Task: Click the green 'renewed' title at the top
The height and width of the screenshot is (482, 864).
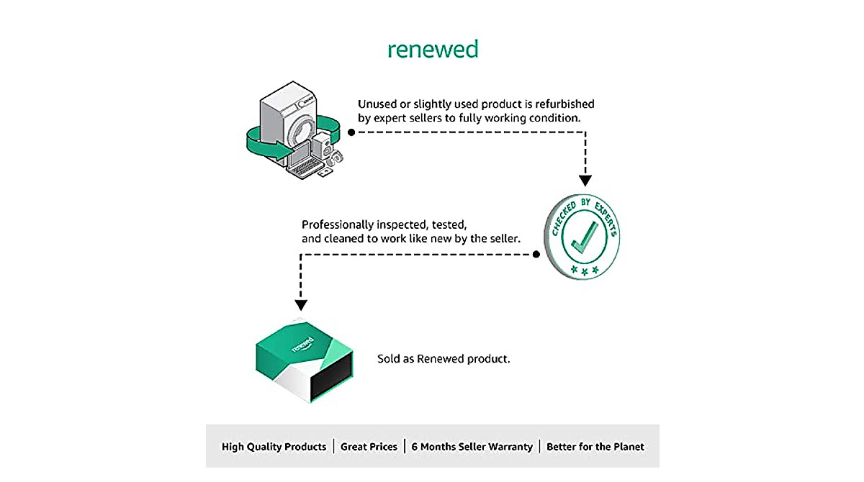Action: (x=433, y=50)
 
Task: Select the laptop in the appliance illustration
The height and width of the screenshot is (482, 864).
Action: (x=304, y=160)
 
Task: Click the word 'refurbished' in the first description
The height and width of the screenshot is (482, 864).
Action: (x=564, y=104)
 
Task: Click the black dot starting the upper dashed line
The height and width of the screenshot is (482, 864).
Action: (x=351, y=132)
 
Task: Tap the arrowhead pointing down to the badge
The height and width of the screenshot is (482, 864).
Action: (x=585, y=181)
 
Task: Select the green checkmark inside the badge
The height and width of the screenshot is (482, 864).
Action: (x=585, y=237)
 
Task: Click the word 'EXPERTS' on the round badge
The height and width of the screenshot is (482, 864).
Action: (x=606, y=218)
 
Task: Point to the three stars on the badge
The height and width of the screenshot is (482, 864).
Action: (x=585, y=270)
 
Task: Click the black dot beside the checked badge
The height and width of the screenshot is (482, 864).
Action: (x=536, y=254)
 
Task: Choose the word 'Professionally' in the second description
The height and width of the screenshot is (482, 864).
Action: (x=338, y=224)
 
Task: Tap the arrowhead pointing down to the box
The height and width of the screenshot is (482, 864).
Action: (x=301, y=305)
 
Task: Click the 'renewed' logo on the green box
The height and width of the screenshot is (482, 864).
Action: (x=303, y=344)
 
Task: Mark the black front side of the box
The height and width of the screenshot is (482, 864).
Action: (x=332, y=376)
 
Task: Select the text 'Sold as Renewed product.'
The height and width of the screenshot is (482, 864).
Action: (x=444, y=359)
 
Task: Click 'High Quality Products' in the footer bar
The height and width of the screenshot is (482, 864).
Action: (x=274, y=447)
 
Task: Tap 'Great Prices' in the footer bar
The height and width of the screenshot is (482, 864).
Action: (x=369, y=447)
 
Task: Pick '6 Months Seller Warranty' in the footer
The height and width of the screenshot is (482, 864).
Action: (x=472, y=447)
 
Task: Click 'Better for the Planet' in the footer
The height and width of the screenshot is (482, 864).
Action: (x=595, y=447)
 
